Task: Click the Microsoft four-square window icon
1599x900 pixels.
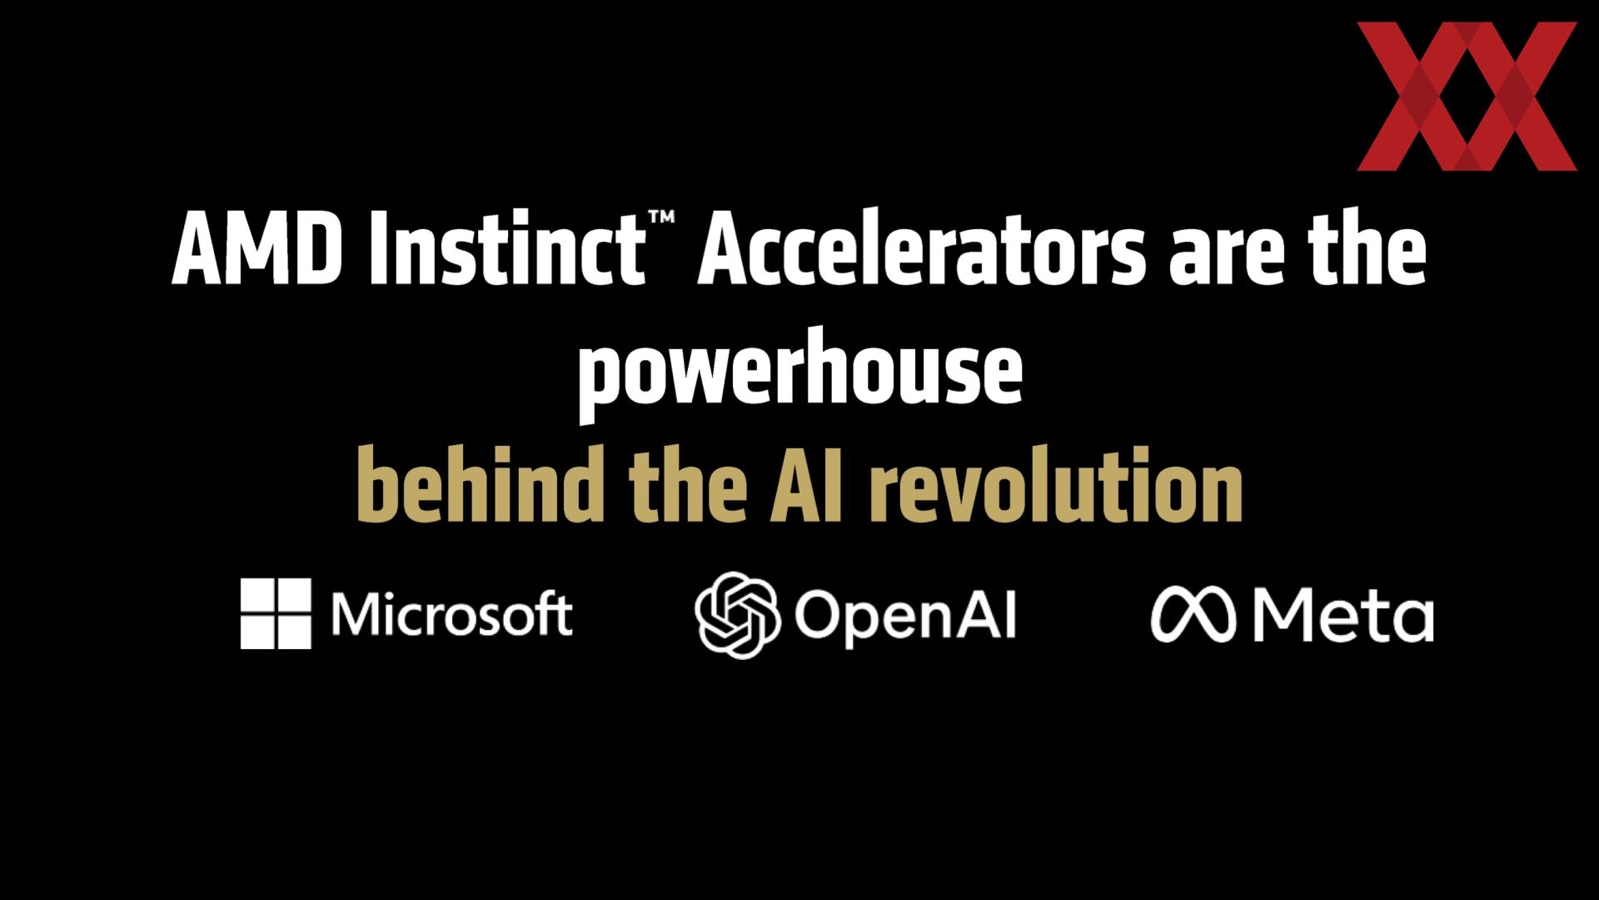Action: [276, 613]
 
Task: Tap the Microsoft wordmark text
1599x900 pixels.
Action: [452, 614]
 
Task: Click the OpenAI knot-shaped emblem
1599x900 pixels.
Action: [737, 615]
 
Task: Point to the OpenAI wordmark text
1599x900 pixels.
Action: [905, 617]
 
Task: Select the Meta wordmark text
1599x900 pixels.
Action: [1343, 616]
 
